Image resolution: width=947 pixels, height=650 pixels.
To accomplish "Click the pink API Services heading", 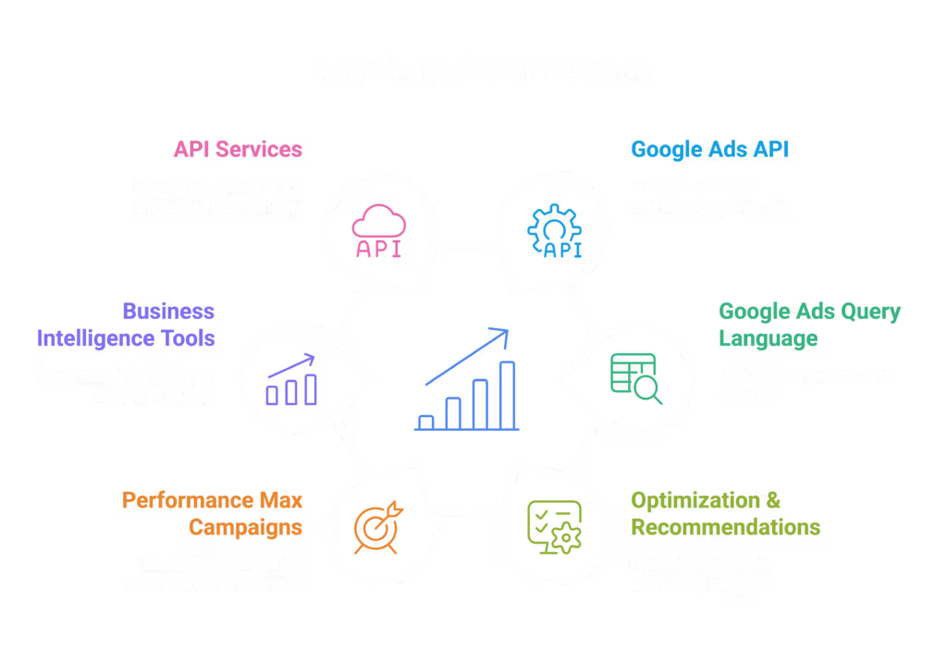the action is tap(238, 149).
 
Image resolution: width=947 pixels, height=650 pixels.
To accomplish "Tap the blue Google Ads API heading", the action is tap(709, 149).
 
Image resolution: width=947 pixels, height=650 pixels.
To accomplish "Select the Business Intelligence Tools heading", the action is tap(126, 325).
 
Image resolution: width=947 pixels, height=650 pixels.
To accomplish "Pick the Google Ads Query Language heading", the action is tap(809, 325).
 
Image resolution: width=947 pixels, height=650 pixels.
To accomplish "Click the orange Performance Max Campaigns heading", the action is tap(213, 513).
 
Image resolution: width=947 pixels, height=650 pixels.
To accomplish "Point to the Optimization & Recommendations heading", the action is tap(725, 513).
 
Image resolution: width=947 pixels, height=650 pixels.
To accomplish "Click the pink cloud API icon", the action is tap(378, 231).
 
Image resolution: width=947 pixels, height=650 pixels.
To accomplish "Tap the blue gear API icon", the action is tap(555, 231).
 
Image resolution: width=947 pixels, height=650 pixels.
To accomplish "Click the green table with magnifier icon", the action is tap(636, 378).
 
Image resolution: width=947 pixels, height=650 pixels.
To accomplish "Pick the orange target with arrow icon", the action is tap(378, 526).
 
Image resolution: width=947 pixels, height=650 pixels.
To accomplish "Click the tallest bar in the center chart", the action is tap(507, 395).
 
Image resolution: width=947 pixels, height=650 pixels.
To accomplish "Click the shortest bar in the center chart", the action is tap(426, 422).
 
